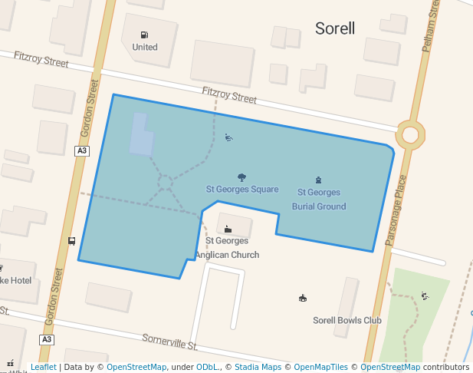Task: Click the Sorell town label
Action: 335,29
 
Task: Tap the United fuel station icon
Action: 144,35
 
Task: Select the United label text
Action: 144,47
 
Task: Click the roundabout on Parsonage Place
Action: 411,135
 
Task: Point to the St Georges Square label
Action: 242,189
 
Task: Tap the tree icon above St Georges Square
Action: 242,177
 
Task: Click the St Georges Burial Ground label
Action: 319,199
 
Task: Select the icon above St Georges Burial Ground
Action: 319,180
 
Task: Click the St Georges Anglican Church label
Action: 227,248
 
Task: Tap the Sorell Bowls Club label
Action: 347,320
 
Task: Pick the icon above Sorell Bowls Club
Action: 302,298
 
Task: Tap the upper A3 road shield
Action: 82,151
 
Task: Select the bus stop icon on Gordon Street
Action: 71,241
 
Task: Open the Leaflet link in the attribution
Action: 43,367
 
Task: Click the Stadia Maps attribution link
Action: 258,367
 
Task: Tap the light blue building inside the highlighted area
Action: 141,135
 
